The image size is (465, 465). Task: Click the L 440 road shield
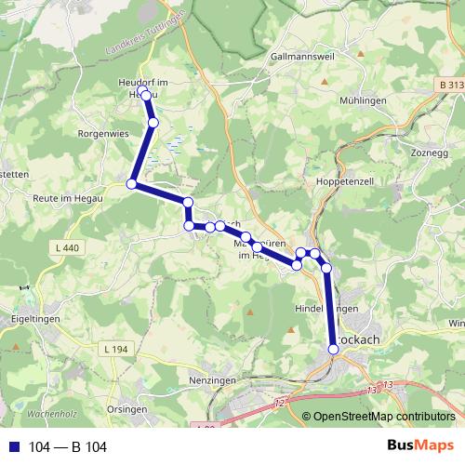[68, 247]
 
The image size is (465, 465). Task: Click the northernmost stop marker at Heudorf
[146, 95]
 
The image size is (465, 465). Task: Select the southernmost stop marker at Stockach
[334, 349]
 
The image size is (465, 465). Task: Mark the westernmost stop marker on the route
[132, 184]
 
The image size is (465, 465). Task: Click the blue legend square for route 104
[14, 447]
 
